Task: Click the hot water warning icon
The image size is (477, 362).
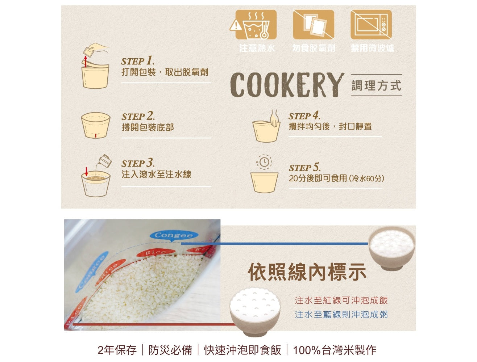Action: [256, 25]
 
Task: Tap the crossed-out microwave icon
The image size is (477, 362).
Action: [371, 25]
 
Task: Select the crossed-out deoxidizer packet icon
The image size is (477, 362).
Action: [314, 25]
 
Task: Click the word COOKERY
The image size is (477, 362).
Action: [287, 85]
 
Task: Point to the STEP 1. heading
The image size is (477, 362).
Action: [138, 61]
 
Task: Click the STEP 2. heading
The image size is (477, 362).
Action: [138, 116]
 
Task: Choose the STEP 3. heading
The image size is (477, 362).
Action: [138, 163]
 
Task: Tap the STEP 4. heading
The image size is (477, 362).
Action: [304, 116]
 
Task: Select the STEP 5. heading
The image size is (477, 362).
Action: [305, 168]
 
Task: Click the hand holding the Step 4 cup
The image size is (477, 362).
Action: [274, 118]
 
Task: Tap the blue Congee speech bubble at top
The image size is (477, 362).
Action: [174, 235]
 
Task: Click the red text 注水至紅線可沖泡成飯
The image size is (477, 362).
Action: [341, 300]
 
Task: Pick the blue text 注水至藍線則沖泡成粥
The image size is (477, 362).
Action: [341, 314]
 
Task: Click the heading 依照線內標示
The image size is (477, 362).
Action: [307, 272]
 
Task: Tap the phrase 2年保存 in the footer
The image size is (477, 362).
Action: [117, 350]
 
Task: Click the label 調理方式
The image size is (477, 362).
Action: [376, 86]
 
